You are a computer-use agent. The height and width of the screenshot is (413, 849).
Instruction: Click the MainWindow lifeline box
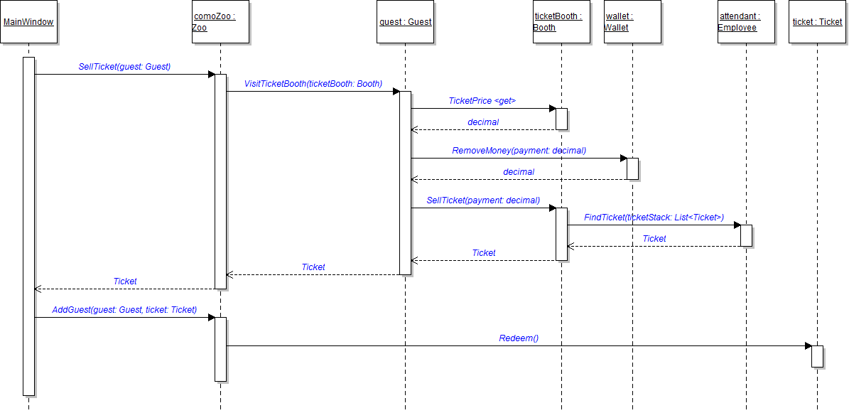(x=28, y=22)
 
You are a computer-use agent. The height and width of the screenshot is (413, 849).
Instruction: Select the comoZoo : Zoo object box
(x=220, y=22)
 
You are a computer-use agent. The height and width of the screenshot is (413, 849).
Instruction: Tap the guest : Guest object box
(x=405, y=22)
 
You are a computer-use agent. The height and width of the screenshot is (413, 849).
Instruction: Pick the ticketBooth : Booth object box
(x=561, y=22)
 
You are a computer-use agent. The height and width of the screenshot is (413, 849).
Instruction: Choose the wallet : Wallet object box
(x=632, y=22)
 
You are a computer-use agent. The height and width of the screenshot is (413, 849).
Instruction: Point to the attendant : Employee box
(x=746, y=22)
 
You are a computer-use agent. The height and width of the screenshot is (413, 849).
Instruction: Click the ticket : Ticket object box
(x=817, y=22)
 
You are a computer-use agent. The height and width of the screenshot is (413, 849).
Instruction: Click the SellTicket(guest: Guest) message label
(x=124, y=67)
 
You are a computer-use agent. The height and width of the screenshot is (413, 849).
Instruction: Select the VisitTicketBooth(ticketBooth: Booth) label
(x=313, y=84)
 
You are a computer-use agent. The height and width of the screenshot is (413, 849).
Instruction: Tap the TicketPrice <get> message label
(x=482, y=101)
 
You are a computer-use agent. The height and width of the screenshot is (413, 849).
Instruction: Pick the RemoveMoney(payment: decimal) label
(x=519, y=151)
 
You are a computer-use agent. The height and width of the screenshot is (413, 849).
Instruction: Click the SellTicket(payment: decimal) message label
(x=483, y=200)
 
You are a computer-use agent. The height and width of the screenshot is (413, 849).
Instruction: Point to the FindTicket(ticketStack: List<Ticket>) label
(x=654, y=218)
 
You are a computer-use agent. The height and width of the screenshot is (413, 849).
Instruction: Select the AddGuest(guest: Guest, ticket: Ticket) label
(x=124, y=310)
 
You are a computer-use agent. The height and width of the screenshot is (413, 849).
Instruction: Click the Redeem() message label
(x=519, y=338)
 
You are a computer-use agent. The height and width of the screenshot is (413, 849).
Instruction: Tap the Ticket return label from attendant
(x=654, y=239)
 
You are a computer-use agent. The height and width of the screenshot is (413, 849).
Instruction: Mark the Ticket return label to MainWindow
(x=124, y=281)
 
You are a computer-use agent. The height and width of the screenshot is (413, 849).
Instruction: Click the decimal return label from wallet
(x=519, y=172)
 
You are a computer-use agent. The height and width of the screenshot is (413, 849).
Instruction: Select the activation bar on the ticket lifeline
(x=817, y=356)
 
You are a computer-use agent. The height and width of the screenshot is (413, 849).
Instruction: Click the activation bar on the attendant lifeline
(x=746, y=235)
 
